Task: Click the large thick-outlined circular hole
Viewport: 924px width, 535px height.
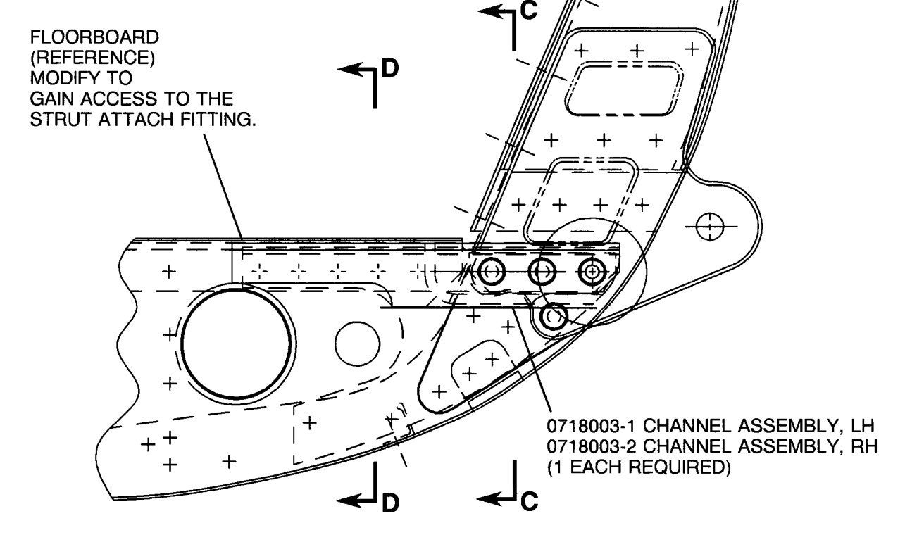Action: [237, 342]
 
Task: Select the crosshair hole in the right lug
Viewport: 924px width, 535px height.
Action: [710, 227]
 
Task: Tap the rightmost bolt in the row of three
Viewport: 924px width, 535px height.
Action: [593, 270]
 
